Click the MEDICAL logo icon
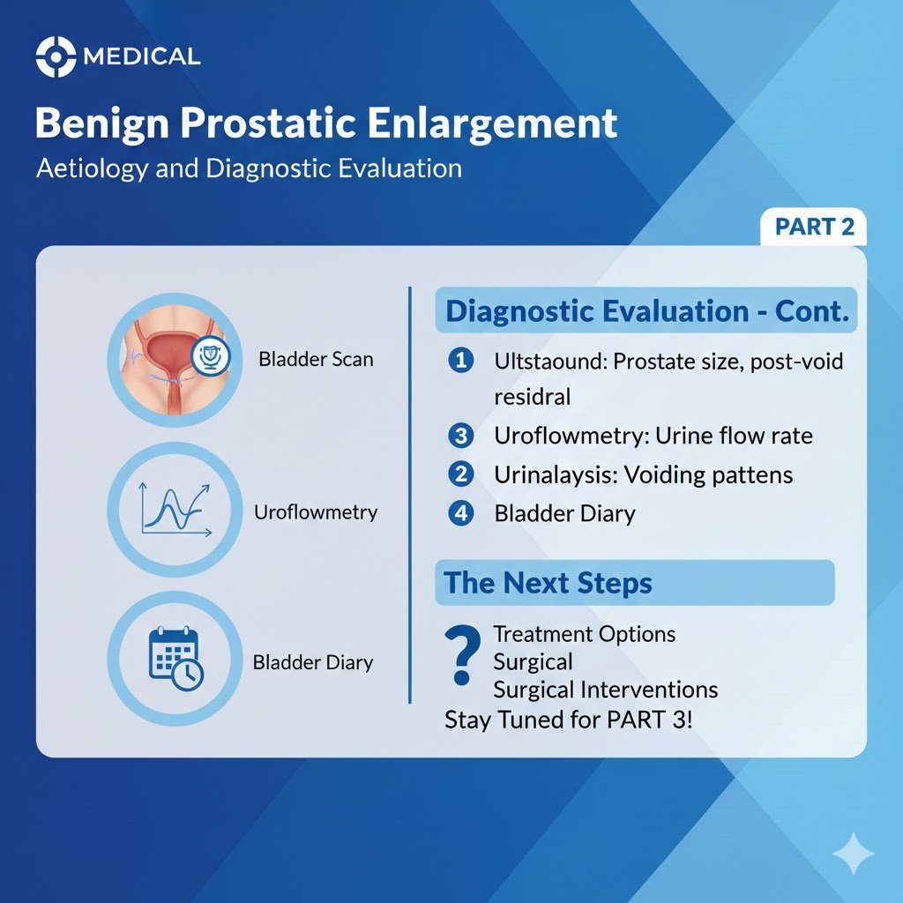(56, 57)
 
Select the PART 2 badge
(813, 227)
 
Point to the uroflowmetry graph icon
(173, 511)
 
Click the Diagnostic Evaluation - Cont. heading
(646, 311)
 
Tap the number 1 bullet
(460, 361)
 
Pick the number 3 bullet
(460, 436)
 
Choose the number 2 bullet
(460, 474)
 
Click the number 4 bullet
(460, 513)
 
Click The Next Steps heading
(548, 583)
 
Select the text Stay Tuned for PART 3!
(569, 719)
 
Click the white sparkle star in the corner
(854, 854)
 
